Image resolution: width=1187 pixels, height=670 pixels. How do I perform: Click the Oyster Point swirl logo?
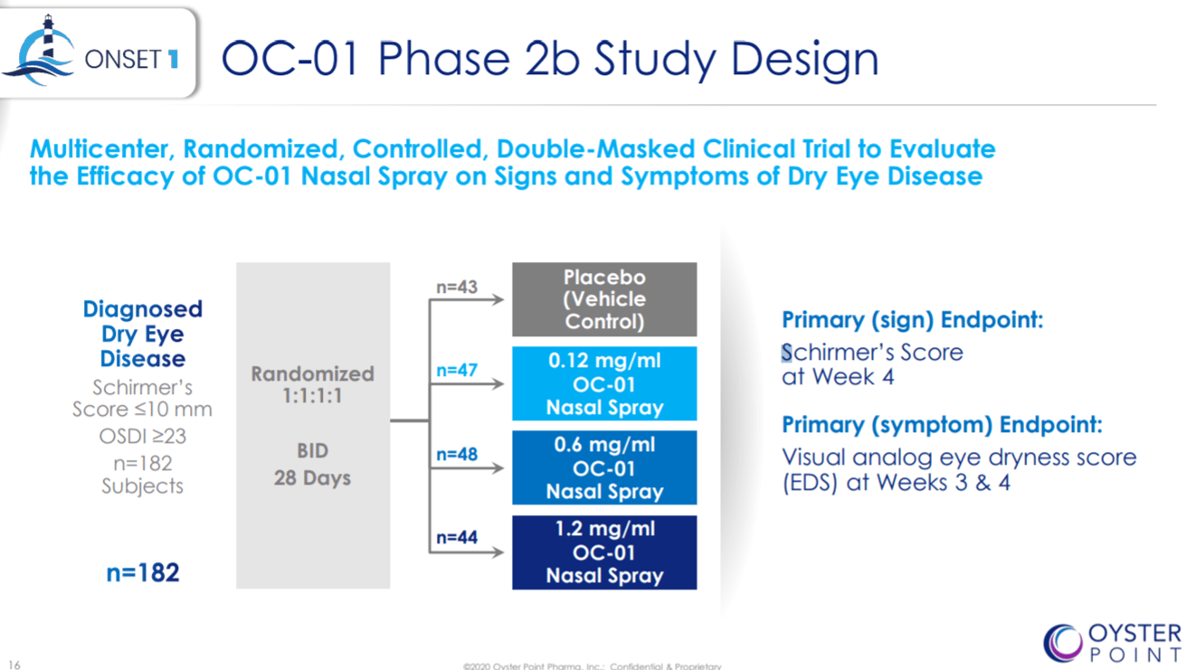(1062, 643)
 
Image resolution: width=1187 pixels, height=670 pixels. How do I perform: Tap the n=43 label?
(456, 287)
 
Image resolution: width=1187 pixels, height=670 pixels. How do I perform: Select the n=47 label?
(456, 370)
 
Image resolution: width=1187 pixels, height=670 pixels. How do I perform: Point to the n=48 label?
(456, 454)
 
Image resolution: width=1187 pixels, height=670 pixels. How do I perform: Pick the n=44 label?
(456, 537)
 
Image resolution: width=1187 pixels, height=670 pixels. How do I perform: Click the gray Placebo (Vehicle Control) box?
(604, 299)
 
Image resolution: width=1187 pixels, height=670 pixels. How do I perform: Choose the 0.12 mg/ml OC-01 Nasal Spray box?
(604, 383)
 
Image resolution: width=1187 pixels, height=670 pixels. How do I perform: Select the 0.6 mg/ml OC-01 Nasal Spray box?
(604, 467)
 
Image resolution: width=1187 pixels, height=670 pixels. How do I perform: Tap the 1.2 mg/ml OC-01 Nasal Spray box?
(604, 552)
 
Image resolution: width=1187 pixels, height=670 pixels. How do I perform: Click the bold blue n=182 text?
(143, 572)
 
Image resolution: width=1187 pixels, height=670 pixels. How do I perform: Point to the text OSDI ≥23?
(143, 436)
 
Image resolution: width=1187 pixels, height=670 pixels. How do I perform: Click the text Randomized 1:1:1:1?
(312, 384)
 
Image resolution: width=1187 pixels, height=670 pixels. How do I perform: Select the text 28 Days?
(312, 477)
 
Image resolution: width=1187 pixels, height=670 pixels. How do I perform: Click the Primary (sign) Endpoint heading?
(913, 320)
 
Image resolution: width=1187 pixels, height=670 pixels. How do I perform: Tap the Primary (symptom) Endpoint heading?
(942, 425)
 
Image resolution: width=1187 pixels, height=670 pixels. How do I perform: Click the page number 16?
(14, 665)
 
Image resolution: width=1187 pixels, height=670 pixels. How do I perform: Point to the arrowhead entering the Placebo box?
(498, 300)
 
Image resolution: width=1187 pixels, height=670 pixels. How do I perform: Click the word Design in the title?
(804, 60)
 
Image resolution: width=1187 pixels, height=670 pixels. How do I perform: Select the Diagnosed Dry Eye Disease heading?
(143, 334)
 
